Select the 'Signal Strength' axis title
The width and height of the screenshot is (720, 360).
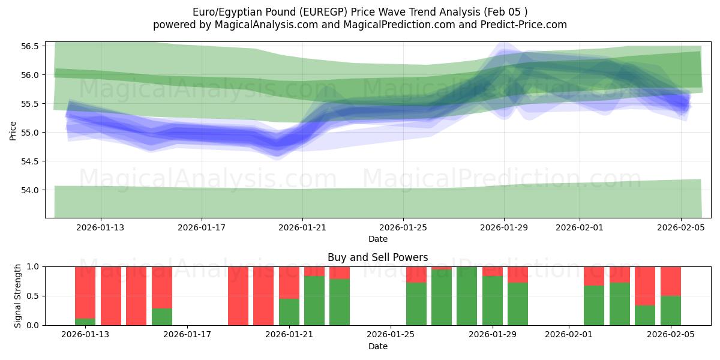(x=18, y=296)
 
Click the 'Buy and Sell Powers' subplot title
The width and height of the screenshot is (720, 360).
(x=377, y=257)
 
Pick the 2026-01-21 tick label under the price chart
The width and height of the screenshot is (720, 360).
(x=302, y=227)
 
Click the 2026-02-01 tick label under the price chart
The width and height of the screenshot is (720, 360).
(x=580, y=227)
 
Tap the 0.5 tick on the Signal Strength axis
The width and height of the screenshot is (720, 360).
(x=33, y=296)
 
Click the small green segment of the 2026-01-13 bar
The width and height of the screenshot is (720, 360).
(x=85, y=322)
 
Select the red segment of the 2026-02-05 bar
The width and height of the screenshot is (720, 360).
(x=671, y=281)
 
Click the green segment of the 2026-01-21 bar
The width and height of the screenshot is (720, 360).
(x=289, y=312)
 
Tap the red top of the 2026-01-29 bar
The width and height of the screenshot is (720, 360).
(x=493, y=271)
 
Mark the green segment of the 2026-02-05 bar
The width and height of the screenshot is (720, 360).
(x=671, y=311)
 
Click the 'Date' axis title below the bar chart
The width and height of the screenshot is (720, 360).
(x=377, y=346)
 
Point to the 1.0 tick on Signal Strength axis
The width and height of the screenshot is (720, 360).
(x=33, y=266)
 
